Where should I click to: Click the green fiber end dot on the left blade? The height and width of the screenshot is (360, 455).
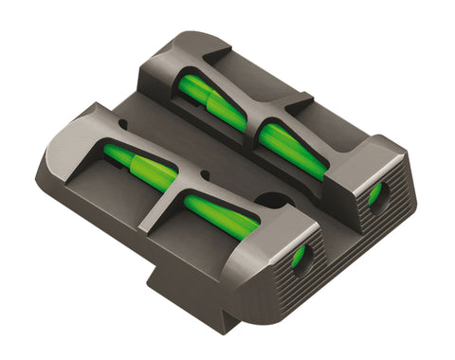pyautogui.click(x=300, y=256)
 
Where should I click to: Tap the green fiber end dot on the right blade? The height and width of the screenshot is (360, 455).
pyautogui.click(x=375, y=194)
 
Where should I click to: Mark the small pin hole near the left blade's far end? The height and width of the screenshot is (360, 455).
pyautogui.click(x=122, y=123)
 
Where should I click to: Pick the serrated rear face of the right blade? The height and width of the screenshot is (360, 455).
pyautogui.click(x=398, y=194)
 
